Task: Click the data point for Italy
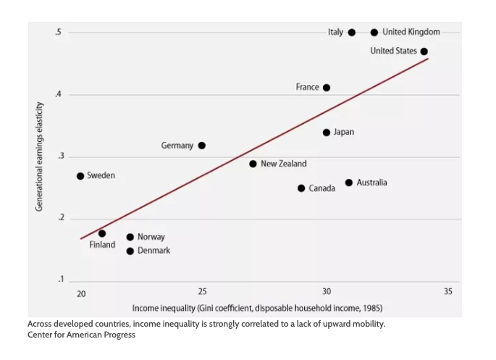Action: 352,33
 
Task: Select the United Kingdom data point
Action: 374,33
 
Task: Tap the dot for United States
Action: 424,51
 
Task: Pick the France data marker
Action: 327,88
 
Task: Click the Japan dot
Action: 327,133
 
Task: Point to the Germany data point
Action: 202,146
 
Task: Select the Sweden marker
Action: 80,176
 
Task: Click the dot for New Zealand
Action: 253,164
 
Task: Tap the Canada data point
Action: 301,188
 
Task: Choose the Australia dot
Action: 349,183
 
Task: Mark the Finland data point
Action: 102,233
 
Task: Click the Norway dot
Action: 130,237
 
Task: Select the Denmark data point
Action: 130,251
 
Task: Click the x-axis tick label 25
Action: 202,292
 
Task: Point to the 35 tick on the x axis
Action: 447,292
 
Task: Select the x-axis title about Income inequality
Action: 257,308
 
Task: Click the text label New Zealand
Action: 284,164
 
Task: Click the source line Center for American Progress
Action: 81,335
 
